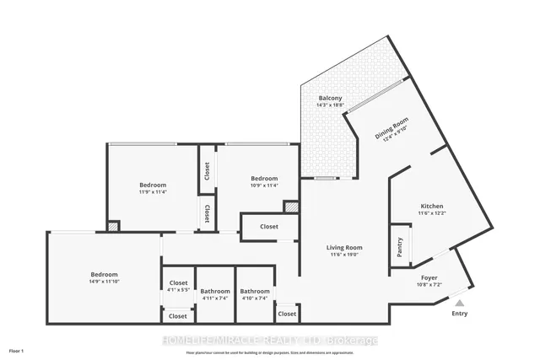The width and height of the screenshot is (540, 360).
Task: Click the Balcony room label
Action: pyautogui.click(x=330, y=99)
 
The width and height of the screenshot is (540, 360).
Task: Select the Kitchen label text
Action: pyautogui.click(x=432, y=207)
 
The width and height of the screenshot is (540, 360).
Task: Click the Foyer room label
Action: pyautogui.click(x=429, y=277)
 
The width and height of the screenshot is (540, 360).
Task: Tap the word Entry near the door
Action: pyautogui.click(x=459, y=314)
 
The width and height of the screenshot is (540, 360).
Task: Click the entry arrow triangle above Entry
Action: pyautogui.click(x=459, y=301)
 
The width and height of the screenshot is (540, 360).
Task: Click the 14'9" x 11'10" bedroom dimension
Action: pyautogui.click(x=104, y=282)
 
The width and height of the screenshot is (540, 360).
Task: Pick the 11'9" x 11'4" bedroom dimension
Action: pyautogui.click(x=153, y=193)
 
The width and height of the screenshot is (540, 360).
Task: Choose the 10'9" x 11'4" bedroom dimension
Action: pyautogui.click(x=264, y=186)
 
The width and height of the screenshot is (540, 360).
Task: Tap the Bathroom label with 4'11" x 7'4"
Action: pyautogui.click(x=215, y=292)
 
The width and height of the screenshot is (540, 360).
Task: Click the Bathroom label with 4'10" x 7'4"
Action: pyautogui.click(x=253, y=292)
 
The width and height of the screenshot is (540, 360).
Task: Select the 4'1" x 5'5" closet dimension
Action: pyautogui.click(x=178, y=291)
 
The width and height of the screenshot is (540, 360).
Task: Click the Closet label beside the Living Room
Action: pyautogui.click(x=269, y=227)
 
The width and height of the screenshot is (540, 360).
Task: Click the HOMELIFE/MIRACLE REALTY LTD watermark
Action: pyautogui.click(x=270, y=341)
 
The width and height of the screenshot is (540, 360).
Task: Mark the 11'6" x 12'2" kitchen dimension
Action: pyautogui.click(x=432, y=214)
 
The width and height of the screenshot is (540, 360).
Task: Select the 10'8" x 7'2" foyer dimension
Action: pyautogui.click(x=429, y=284)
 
